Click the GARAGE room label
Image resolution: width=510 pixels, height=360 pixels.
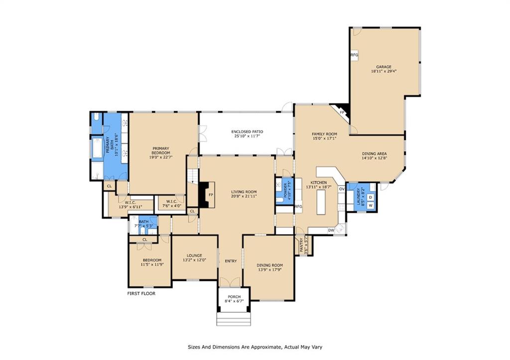coord(383,66)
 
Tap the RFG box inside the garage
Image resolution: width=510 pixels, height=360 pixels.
coord(354,55)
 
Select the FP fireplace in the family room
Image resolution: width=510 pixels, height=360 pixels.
coord(343,113)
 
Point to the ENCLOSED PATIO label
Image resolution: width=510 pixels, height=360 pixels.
coord(247,132)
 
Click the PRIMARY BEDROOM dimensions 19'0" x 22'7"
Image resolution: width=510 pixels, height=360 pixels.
coord(161,157)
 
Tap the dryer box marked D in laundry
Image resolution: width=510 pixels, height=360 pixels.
coord(371,198)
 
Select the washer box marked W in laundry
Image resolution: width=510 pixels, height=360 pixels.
coord(371,205)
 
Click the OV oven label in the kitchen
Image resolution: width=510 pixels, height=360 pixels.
coord(342,189)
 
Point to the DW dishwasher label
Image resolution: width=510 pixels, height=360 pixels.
coord(331,230)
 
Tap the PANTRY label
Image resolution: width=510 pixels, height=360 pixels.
coord(302,245)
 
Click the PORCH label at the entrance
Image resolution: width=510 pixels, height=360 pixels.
coord(234,297)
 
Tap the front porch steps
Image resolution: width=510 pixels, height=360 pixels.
coord(233,319)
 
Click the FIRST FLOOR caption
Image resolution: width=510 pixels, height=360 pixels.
coord(141,294)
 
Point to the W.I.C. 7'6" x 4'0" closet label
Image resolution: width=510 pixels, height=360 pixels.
coord(169,203)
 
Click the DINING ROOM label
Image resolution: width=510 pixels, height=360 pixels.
coord(270,265)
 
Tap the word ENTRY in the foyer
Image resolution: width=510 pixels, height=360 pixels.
coord(231,261)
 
